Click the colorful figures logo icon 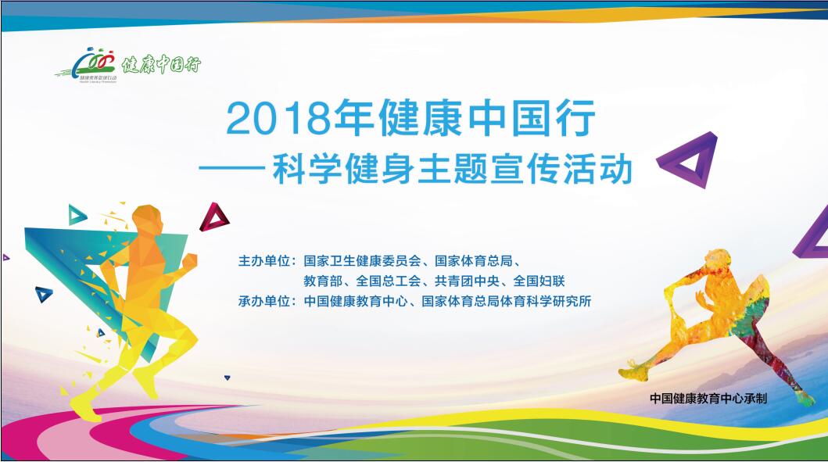pos(95,63)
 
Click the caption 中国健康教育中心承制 pos(708,398)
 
